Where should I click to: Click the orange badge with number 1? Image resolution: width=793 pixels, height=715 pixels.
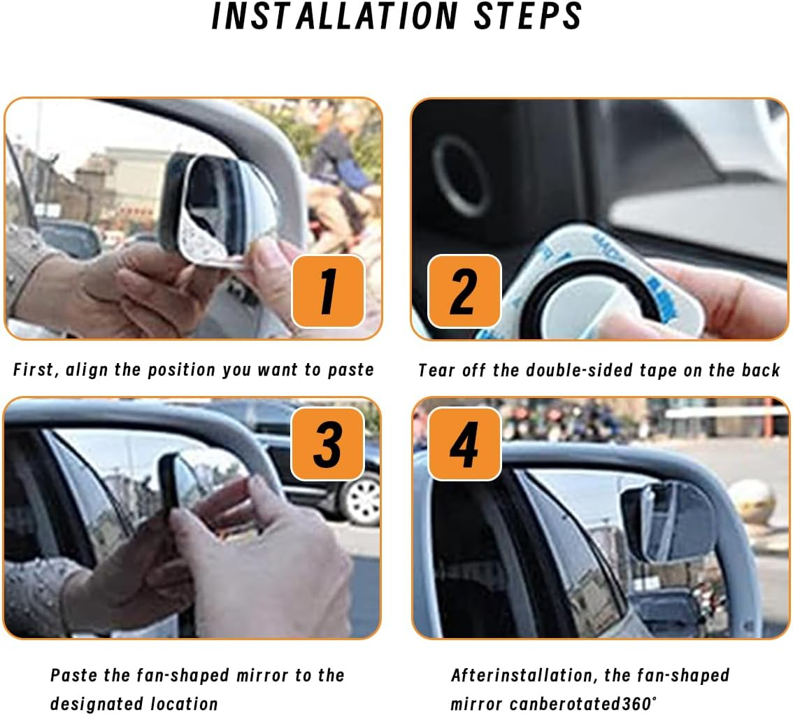point(327,290)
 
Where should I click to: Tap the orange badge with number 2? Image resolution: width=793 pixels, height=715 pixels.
point(464,290)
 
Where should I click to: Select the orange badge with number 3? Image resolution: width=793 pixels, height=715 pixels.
point(327,444)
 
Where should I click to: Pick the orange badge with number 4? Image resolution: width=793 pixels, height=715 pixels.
point(464,444)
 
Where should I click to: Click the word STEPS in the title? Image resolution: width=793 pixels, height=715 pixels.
point(528,16)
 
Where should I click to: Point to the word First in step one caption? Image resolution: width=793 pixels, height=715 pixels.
point(34,370)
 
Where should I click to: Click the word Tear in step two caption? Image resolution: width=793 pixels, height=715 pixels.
point(436,371)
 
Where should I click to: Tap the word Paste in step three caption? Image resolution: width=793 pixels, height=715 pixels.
point(73,675)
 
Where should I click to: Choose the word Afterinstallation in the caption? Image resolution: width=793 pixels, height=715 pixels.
point(522,675)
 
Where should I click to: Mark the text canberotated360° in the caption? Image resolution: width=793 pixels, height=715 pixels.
point(585,703)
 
